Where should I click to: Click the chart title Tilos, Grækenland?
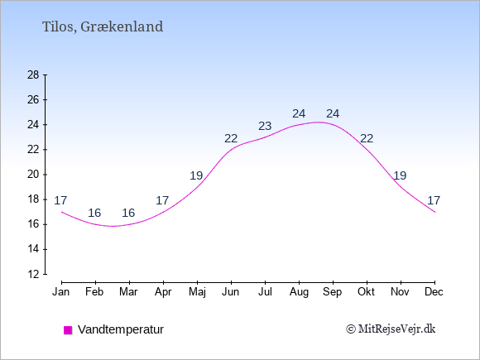click(103, 27)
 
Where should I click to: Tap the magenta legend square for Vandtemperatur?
click(68, 330)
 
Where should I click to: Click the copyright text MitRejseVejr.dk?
click(391, 329)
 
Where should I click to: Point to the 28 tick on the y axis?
click(33, 75)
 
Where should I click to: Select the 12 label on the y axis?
click(33, 274)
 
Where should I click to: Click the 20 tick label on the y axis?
click(33, 175)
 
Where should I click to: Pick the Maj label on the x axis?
click(197, 292)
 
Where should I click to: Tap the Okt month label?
click(366, 292)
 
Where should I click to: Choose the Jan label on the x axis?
click(61, 292)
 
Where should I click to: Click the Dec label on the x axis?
click(434, 292)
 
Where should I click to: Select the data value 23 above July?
click(265, 126)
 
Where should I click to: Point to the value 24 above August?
click(299, 114)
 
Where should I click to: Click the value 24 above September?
click(333, 114)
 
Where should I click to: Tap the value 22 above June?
click(231, 139)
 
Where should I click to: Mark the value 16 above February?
click(94, 213)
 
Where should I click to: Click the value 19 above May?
click(196, 175)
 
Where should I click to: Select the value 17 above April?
click(162, 200)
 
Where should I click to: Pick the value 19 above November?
click(400, 175)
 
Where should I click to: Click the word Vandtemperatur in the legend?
click(121, 329)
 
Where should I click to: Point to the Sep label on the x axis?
click(332, 292)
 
